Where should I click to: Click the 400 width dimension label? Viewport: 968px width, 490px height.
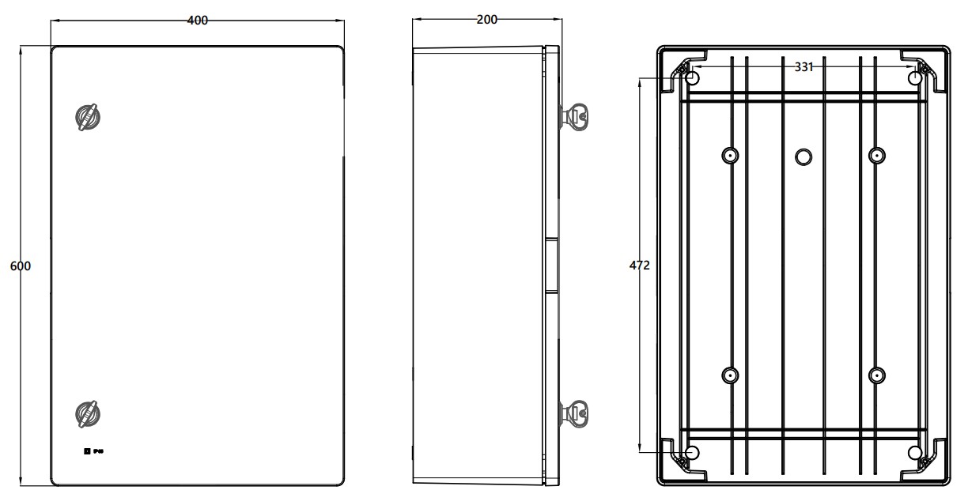click(x=197, y=21)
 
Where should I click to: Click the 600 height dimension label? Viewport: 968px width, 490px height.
click(x=20, y=266)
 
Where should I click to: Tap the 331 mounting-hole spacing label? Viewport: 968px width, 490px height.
click(x=804, y=68)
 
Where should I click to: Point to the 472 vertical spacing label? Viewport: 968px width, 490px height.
click(x=639, y=266)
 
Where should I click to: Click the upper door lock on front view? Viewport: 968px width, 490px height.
click(x=87, y=117)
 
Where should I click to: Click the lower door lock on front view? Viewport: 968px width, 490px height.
click(x=87, y=413)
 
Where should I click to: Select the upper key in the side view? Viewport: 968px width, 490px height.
click(x=575, y=117)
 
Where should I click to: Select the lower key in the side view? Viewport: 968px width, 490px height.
click(x=575, y=413)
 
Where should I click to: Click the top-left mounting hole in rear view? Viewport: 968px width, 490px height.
click(x=692, y=79)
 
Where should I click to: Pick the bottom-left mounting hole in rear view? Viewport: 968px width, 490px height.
click(x=692, y=453)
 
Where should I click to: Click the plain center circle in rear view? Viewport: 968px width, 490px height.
click(x=804, y=156)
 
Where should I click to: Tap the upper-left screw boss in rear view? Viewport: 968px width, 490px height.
click(x=729, y=156)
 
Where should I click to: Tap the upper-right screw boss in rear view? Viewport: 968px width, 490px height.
click(x=876, y=156)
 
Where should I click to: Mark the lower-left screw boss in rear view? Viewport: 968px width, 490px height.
click(x=729, y=375)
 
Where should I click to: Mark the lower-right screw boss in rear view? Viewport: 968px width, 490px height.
click(x=876, y=375)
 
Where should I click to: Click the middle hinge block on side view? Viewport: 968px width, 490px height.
click(x=551, y=266)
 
